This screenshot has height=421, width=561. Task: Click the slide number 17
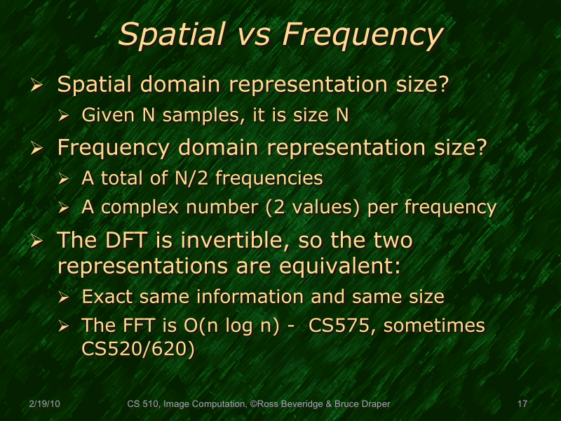coord(522,404)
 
